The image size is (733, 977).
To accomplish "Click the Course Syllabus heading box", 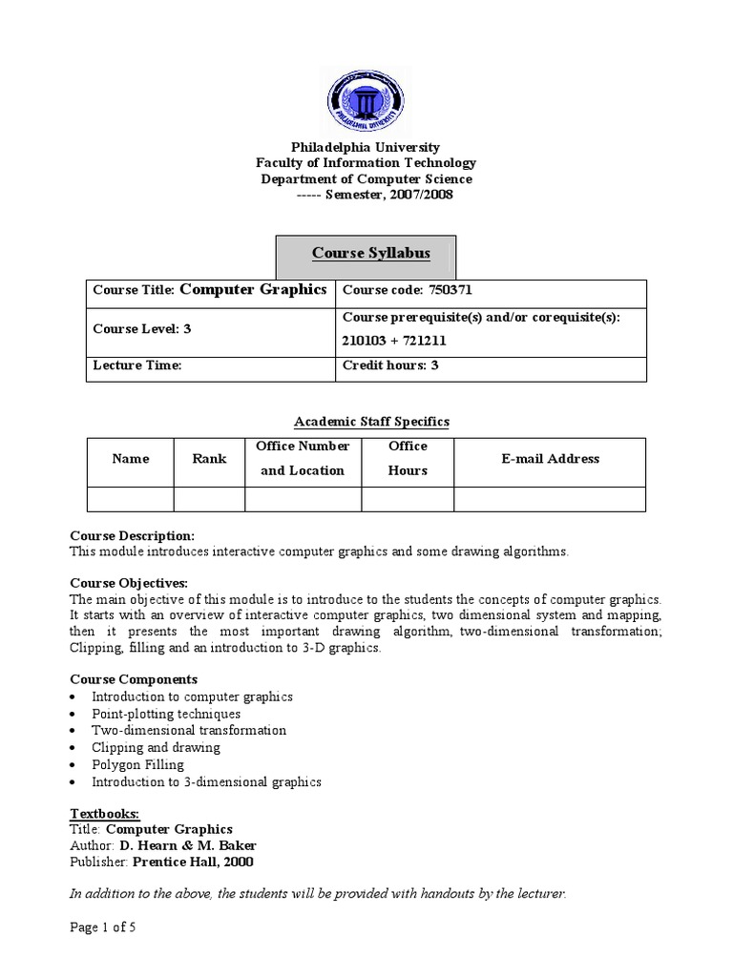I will [366, 254].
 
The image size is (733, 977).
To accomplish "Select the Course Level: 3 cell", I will [142, 329].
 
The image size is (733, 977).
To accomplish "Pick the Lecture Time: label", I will [136, 365].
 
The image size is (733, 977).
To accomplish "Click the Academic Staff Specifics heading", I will [371, 421].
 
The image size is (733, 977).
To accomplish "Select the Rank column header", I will [209, 459].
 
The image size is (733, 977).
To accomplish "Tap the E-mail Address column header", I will [551, 459].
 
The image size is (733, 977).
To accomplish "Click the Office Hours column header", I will [408, 459].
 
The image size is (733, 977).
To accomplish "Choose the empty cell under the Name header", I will [130, 499].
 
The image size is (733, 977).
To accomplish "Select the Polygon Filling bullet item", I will [137, 765].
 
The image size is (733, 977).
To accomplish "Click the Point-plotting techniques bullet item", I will [166, 714].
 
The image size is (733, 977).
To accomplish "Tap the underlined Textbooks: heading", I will [105, 814].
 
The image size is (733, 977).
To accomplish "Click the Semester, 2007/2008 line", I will [376, 195].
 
